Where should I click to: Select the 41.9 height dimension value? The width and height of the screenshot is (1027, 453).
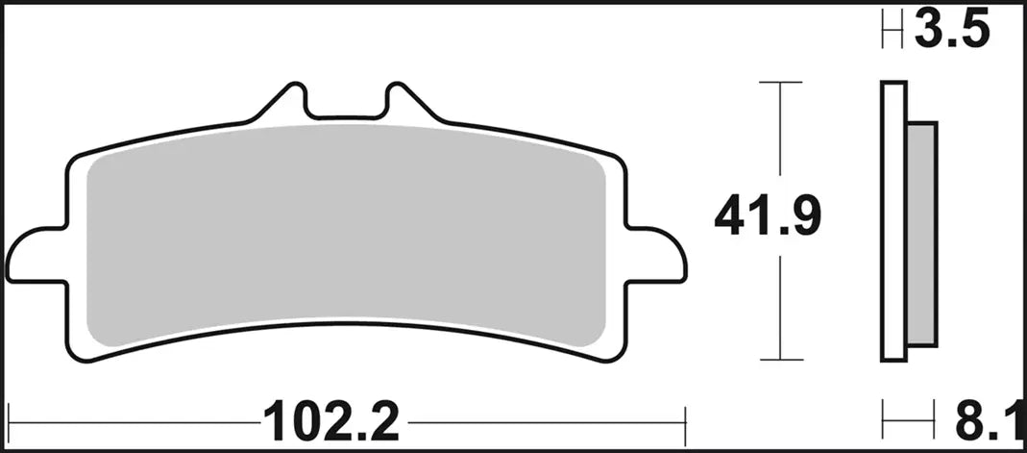point(768,218)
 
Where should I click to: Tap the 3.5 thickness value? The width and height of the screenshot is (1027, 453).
point(950,31)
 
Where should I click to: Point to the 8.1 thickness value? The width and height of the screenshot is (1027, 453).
point(988,420)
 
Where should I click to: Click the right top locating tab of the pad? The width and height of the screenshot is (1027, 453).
point(402,101)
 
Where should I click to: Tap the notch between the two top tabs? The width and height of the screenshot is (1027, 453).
point(346,111)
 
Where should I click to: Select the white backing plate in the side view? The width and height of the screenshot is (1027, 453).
point(893,221)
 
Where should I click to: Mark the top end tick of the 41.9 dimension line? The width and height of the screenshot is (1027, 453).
point(780,84)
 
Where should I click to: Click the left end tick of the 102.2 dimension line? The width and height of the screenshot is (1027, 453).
point(20,420)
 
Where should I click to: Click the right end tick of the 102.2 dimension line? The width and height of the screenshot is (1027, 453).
point(685,420)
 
